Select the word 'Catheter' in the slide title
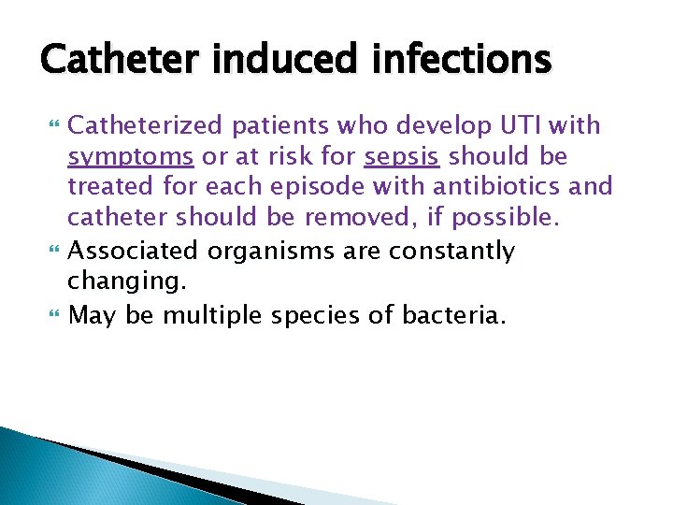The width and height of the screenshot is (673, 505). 122,59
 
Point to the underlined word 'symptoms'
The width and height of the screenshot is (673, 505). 131,156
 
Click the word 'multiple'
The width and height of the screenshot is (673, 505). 214,314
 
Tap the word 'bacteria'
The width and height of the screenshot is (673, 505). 453,314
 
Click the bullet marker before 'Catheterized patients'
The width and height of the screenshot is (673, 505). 50,126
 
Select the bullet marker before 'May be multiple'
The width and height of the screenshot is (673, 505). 50,315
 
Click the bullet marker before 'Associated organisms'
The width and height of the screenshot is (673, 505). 50,252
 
